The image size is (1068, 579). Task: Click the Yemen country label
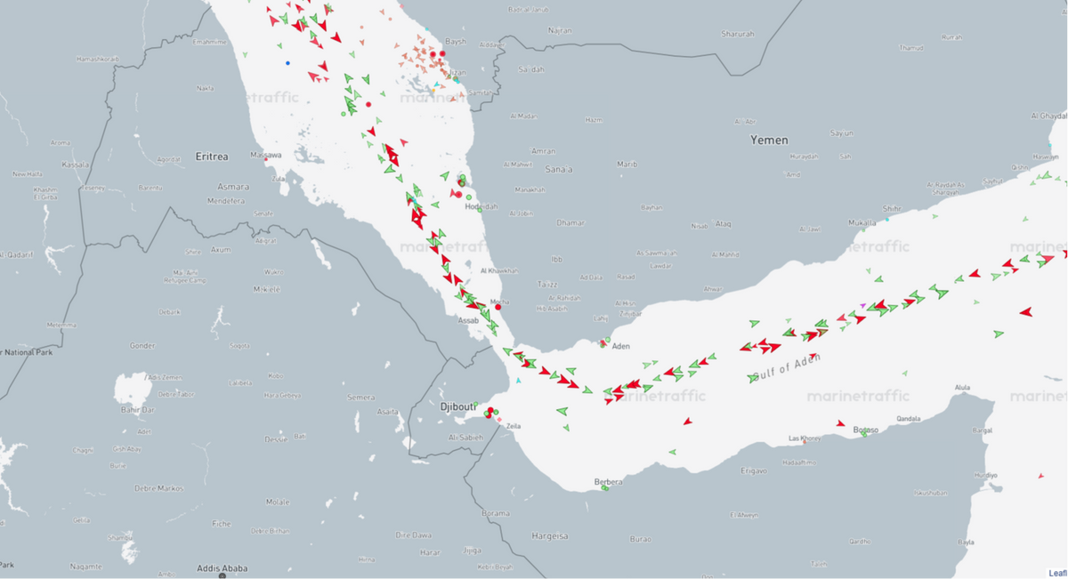(769, 141)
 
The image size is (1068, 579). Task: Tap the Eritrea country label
(212, 157)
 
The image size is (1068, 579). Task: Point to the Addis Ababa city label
(222, 568)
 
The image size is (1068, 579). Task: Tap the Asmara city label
(233, 187)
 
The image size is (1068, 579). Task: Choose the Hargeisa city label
(549, 536)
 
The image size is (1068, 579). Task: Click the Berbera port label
(610, 482)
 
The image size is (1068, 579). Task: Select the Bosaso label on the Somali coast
(865, 430)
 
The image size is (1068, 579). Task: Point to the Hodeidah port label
(481, 206)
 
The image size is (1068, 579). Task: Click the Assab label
(468, 320)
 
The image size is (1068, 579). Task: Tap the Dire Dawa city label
(414, 535)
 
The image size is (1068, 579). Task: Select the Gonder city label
(142, 346)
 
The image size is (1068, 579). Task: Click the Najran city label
(560, 30)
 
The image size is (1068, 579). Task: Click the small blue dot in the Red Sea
(287, 63)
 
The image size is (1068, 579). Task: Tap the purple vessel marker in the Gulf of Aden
(862, 305)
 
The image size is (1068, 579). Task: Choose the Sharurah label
(738, 34)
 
